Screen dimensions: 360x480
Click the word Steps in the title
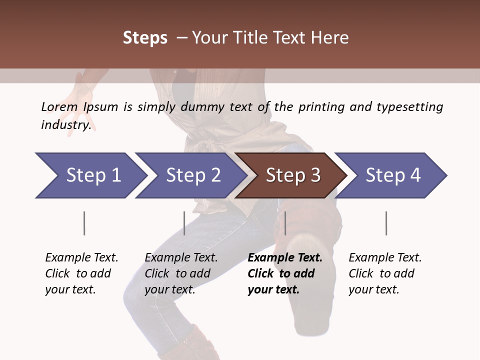point(145,38)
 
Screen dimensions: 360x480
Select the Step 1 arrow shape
point(90,175)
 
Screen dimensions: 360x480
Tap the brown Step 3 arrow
point(292,175)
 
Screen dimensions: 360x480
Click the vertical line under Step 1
point(84,223)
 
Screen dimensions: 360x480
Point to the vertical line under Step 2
point(184,223)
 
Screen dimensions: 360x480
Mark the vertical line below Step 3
point(285,223)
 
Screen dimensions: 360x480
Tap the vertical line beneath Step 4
point(386,223)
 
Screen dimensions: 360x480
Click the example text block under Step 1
point(81,273)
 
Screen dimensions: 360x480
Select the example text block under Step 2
point(180,273)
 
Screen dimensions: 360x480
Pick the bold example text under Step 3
point(284,273)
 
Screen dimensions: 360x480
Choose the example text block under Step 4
point(384,273)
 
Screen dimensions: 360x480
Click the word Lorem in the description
point(59,107)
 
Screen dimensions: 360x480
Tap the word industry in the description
point(65,125)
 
